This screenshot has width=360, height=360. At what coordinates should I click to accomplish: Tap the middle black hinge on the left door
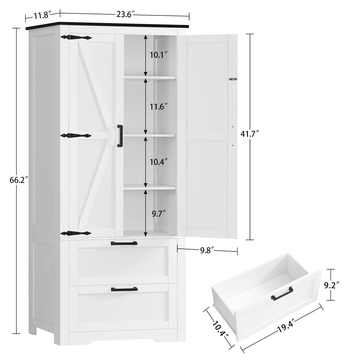coord(76,136)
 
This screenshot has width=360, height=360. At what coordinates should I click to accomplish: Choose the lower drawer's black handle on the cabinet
coord(124,289)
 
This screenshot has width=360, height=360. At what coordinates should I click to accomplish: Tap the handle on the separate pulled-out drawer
coord(281,297)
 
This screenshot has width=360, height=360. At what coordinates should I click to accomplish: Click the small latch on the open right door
coord(234,79)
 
